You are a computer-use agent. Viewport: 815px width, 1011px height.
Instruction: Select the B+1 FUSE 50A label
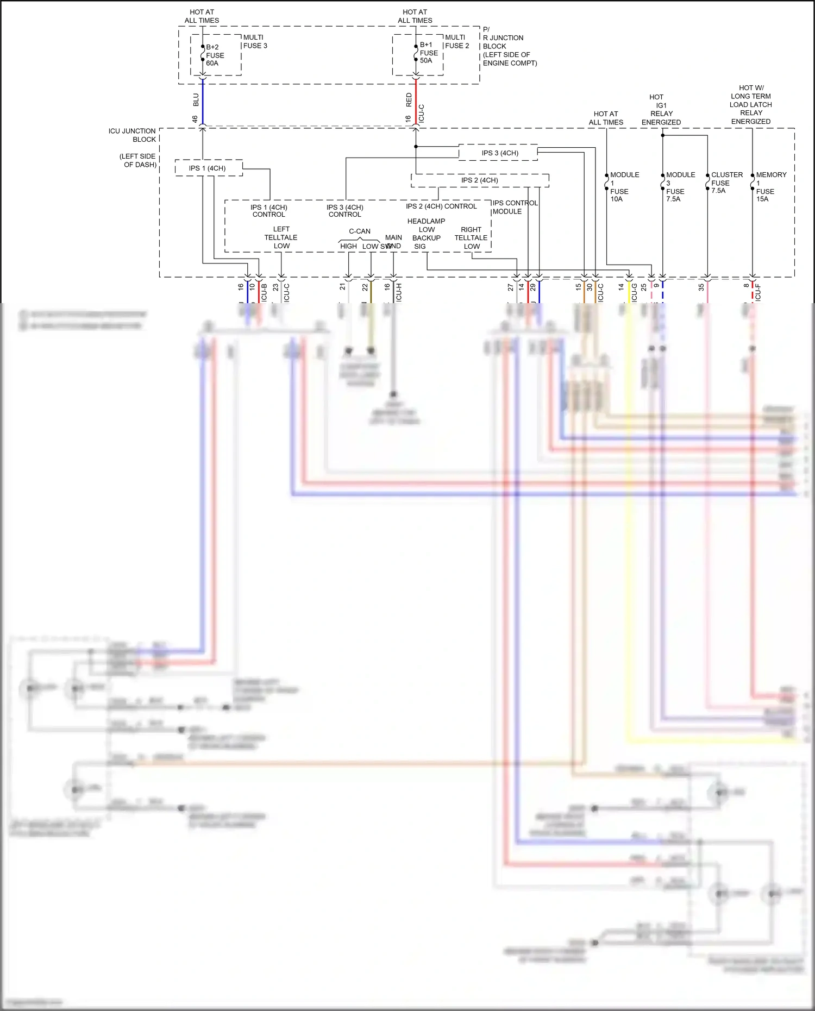[428, 53]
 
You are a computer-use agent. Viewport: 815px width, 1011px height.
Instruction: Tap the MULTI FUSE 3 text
[255, 42]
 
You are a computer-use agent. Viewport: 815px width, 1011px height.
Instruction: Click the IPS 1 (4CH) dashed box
[208, 168]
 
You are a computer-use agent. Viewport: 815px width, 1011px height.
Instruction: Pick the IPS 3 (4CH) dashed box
[499, 153]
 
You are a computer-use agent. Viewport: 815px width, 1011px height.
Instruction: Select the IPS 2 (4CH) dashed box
[479, 180]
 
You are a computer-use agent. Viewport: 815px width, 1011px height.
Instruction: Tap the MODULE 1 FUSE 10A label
[623, 187]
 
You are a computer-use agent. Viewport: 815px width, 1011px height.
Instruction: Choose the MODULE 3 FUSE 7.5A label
[679, 187]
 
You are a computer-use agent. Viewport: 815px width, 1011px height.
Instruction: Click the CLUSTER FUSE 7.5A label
[726, 183]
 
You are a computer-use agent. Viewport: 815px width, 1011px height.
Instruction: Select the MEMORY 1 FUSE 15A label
[769, 187]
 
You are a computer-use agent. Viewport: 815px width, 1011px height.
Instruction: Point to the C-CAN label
[360, 231]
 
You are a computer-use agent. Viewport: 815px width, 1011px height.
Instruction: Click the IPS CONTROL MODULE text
[514, 208]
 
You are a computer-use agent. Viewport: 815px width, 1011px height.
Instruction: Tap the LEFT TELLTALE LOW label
[281, 237]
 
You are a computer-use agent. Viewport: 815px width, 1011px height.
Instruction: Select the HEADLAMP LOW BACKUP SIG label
[427, 234]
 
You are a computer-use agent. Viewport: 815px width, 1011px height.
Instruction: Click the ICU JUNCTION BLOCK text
[133, 135]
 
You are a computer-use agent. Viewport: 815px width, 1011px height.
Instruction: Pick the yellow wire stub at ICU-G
[629, 292]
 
